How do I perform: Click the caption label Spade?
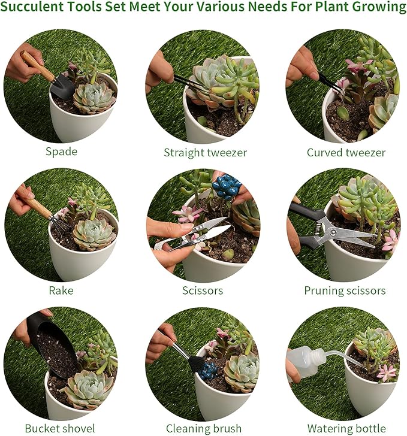(x=62, y=152)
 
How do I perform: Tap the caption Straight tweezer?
(x=205, y=153)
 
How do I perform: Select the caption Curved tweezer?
(x=346, y=153)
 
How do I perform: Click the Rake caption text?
(x=61, y=290)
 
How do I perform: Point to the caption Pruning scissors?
(x=345, y=291)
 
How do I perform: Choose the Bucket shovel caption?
(x=60, y=428)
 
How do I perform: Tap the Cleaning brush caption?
(x=204, y=428)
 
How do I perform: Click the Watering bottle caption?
(x=346, y=428)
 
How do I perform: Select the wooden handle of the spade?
(x=37, y=66)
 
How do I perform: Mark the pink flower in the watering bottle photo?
(x=387, y=373)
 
